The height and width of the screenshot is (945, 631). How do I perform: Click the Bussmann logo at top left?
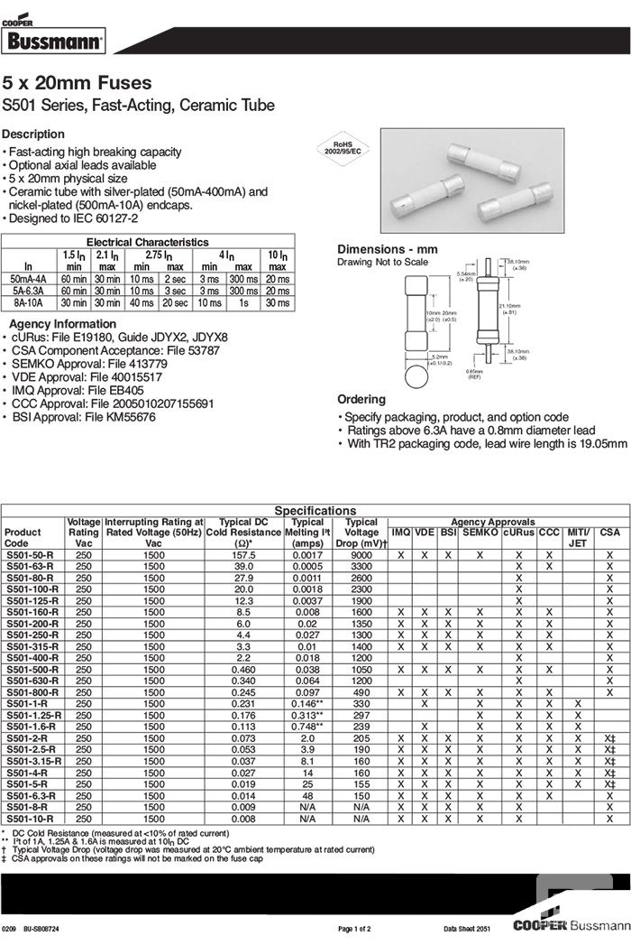click(55, 38)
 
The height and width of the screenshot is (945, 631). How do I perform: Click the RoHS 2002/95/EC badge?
click(342, 148)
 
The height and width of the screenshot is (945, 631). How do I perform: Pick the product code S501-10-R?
click(30, 818)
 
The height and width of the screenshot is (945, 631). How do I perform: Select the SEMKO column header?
click(480, 533)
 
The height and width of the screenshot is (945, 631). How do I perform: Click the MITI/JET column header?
click(579, 538)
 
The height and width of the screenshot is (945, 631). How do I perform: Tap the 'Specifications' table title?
click(315, 511)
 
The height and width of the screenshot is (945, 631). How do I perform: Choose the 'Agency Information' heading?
click(62, 324)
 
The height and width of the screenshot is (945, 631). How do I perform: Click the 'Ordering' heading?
click(361, 399)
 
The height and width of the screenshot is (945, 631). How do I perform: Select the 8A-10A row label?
click(28, 303)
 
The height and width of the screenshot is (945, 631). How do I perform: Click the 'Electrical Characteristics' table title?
click(147, 242)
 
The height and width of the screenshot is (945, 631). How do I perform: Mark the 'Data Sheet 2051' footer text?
click(470, 929)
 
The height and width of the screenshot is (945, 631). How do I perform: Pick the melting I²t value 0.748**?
click(307, 726)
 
